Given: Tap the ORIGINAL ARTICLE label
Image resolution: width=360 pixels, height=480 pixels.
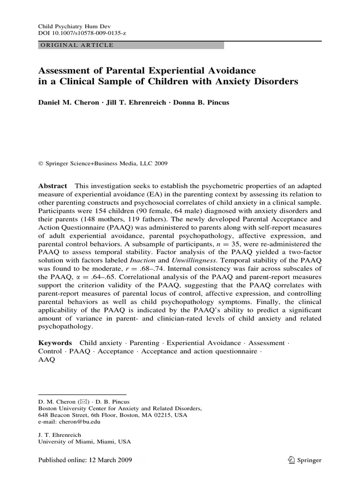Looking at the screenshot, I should (x=75, y=45).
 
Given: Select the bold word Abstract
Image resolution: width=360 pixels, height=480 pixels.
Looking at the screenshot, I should (x=52, y=186).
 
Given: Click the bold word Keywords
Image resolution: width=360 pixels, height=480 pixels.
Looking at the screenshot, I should (x=55, y=343).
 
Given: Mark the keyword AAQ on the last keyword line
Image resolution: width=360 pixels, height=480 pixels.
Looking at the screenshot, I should (x=46, y=360).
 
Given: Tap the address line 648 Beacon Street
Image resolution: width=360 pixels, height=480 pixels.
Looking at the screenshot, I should (x=112, y=415).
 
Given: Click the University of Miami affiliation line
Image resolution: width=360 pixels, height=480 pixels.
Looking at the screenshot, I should (x=84, y=442).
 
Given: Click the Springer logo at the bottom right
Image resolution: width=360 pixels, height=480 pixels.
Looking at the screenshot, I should (x=305, y=460).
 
